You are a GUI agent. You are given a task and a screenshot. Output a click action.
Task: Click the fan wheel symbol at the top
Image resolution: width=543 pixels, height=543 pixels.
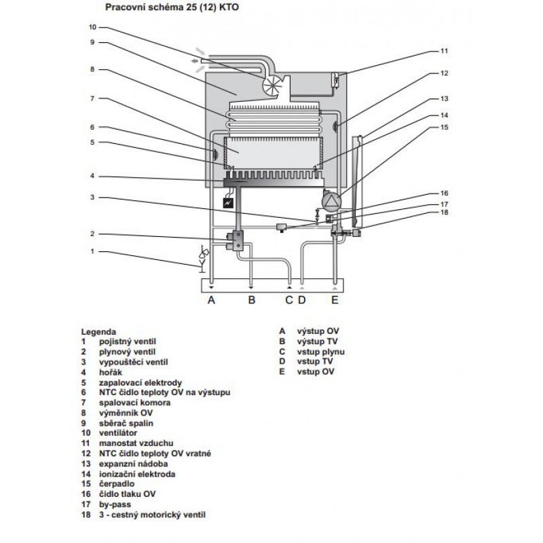point(273,85)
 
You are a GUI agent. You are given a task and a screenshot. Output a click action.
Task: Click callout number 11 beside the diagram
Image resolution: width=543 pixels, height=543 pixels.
point(444,51)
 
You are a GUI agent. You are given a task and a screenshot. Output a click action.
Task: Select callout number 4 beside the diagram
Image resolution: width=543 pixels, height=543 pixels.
point(92,176)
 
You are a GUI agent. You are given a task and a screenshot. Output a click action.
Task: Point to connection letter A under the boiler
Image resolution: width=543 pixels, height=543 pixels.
point(211,300)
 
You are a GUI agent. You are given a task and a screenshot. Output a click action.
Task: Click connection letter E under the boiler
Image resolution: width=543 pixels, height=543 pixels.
point(335,300)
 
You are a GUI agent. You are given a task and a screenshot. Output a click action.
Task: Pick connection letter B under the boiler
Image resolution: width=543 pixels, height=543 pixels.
point(252,300)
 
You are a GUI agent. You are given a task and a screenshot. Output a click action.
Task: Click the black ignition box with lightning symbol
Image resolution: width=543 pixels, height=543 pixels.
point(228,203)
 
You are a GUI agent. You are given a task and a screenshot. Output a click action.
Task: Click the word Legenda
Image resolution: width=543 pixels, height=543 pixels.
point(98,332)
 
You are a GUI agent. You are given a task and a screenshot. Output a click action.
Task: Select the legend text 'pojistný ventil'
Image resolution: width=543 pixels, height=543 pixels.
point(128,342)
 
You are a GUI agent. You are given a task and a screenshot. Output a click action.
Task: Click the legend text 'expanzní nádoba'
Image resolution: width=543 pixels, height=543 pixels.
point(133,464)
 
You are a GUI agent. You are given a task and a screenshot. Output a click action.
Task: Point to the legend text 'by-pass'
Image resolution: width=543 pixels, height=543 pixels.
point(115,504)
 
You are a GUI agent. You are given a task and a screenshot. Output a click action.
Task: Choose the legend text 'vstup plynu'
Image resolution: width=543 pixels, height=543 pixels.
point(320,352)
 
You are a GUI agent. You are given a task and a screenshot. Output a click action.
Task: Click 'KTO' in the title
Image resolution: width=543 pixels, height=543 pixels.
point(229,7)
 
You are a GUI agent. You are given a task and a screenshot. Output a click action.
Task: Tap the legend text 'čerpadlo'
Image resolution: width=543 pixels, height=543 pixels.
point(117,484)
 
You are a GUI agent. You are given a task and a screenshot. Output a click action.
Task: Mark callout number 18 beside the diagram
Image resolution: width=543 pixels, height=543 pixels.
point(444,212)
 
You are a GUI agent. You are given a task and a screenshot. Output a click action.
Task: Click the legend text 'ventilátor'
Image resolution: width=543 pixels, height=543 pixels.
point(118,433)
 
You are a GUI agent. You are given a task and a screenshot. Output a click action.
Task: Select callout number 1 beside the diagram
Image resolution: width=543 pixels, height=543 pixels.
point(92,251)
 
